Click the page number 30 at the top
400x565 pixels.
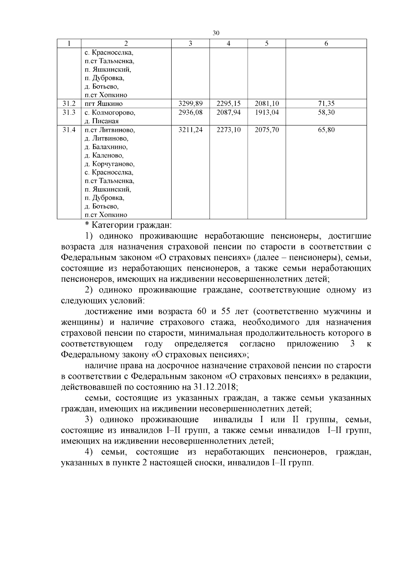point(216,33)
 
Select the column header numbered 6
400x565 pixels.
point(326,44)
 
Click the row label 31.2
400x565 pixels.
point(69,104)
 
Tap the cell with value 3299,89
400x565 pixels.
point(190,104)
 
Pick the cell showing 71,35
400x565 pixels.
point(326,104)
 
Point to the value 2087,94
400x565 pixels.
point(228,113)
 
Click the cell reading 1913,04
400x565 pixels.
point(267,113)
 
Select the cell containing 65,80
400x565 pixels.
point(326,130)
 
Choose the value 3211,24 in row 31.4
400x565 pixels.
point(190,130)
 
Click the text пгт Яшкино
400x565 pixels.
point(103,104)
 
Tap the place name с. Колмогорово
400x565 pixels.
point(110,113)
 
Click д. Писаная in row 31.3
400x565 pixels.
point(101,121)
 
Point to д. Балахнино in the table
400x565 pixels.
point(106,147)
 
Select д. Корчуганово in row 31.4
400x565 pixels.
point(109,164)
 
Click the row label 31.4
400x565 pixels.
point(69,130)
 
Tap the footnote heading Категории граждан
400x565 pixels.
point(131,225)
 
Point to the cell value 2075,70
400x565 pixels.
point(267,130)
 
